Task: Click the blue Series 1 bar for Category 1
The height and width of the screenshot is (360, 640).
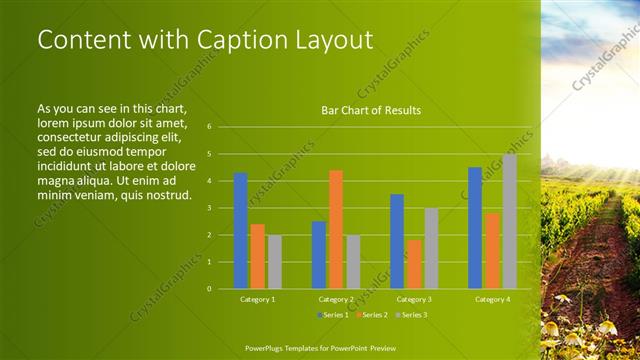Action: (240, 231)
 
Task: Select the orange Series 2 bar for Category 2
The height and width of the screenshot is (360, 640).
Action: (335, 229)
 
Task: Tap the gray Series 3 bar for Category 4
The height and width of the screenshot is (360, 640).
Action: (509, 221)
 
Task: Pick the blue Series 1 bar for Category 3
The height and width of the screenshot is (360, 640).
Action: (397, 241)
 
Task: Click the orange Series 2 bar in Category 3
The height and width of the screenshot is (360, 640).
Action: (414, 264)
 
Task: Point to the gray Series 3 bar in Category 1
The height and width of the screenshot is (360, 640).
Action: (274, 262)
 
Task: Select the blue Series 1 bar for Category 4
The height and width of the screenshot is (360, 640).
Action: (475, 227)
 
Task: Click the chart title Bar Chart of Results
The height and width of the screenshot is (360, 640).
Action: (370, 110)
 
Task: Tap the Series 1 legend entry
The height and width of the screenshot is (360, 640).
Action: (334, 315)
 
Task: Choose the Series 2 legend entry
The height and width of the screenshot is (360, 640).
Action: (371, 315)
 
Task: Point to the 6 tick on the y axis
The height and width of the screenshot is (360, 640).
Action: (209, 127)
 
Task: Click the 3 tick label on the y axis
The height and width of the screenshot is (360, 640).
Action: (209, 208)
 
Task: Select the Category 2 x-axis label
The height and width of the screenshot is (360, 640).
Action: (336, 299)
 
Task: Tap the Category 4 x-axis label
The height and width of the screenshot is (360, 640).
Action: (492, 299)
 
